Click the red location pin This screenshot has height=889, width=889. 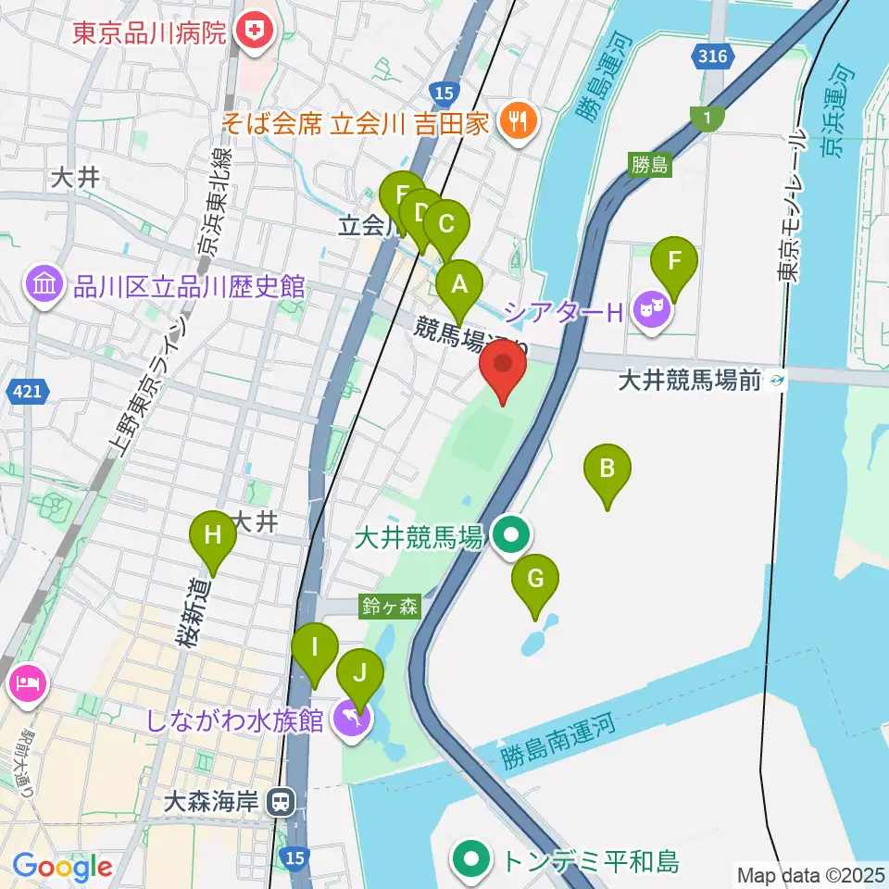tap(503, 369)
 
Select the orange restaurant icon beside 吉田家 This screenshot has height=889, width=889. tap(517, 120)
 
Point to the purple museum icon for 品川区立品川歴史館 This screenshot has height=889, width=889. tap(44, 283)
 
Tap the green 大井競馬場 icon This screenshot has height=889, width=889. tap(510, 535)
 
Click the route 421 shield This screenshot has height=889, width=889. tap(27, 393)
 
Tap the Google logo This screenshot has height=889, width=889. tap(62, 867)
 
